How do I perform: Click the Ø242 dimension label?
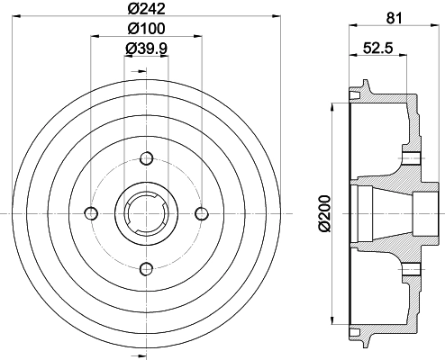click(146, 9)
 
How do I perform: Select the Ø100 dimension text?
click(146, 29)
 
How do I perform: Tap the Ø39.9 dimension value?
click(146, 48)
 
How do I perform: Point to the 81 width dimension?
click(394, 18)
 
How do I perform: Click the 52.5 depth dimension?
click(378, 48)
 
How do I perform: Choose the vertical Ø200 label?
click(324, 213)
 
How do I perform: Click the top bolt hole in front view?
click(147, 158)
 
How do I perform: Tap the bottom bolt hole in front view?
click(147, 269)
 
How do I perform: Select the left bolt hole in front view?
click(91, 213)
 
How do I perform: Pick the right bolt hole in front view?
click(202, 213)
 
